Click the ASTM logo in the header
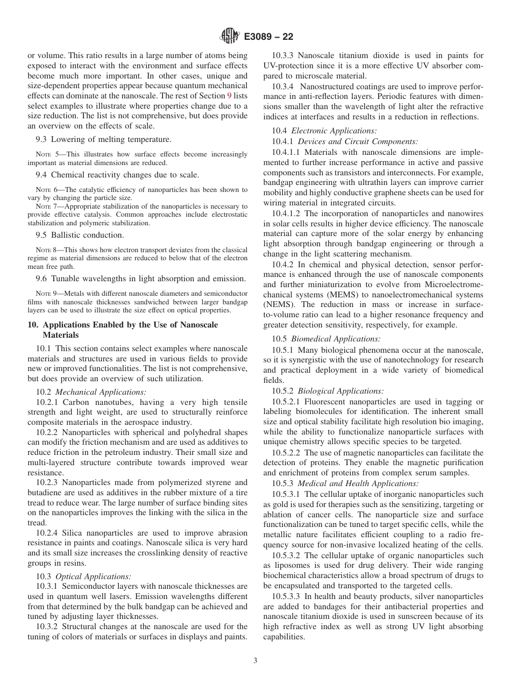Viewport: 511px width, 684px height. [x=230, y=37]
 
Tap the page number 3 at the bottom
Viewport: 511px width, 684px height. [x=256, y=661]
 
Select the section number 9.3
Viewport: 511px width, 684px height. [x=42, y=139]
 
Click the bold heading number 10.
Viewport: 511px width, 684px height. [x=32, y=325]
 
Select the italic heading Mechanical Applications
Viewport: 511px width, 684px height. [x=101, y=393]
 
